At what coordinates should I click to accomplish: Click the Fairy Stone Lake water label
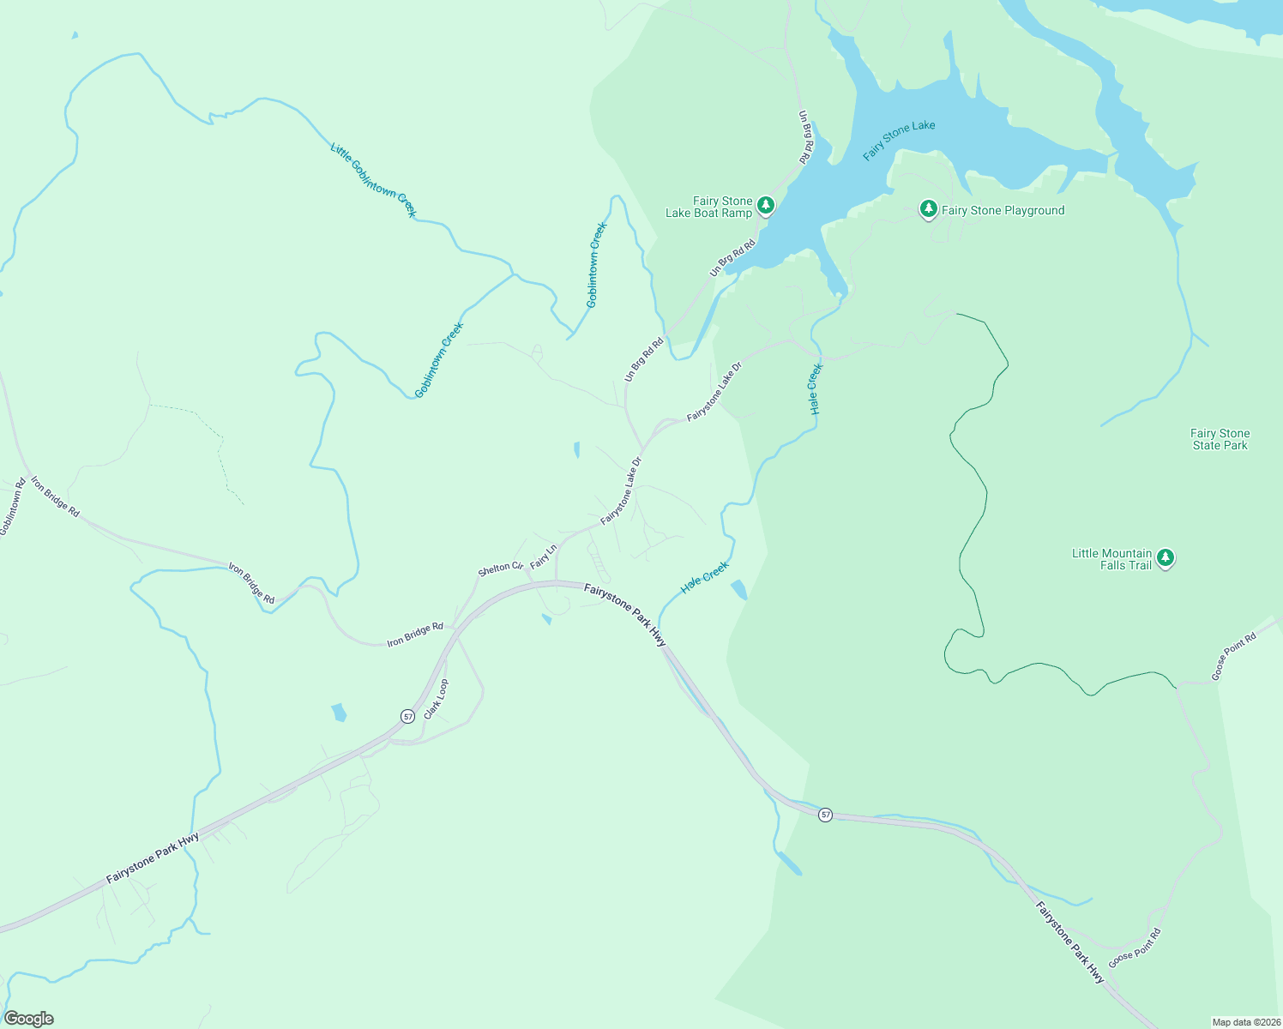pyautogui.click(x=899, y=141)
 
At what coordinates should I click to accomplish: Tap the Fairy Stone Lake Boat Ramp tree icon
pyautogui.click(x=765, y=206)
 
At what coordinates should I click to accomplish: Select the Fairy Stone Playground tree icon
pyautogui.click(x=928, y=209)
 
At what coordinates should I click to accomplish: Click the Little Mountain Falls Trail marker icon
pyautogui.click(x=1165, y=558)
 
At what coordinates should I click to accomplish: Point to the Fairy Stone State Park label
pyautogui.click(x=1220, y=439)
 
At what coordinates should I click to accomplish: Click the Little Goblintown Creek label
pyautogui.click(x=373, y=179)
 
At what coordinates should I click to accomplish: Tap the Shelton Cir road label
pyautogui.click(x=500, y=569)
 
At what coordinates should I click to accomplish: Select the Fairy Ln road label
pyautogui.click(x=544, y=557)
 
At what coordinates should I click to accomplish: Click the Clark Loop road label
pyautogui.click(x=436, y=699)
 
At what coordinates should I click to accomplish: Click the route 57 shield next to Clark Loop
pyautogui.click(x=407, y=716)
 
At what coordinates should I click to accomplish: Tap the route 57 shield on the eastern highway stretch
pyautogui.click(x=825, y=815)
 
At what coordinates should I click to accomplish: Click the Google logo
pyautogui.click(x=29, y=1019)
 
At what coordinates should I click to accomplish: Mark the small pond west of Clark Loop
pyautogui.click(x=339, y=712)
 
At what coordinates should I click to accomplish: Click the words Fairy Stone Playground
pyautogui.click(x=1003, y=210)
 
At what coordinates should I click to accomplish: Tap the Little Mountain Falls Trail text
pyautogui.click(x=1111, y=559)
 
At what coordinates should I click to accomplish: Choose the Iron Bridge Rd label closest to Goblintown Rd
pyautogui.click(x=56, y=496)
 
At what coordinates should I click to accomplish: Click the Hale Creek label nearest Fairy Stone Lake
pyautogui.click(x=816, y=389)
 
